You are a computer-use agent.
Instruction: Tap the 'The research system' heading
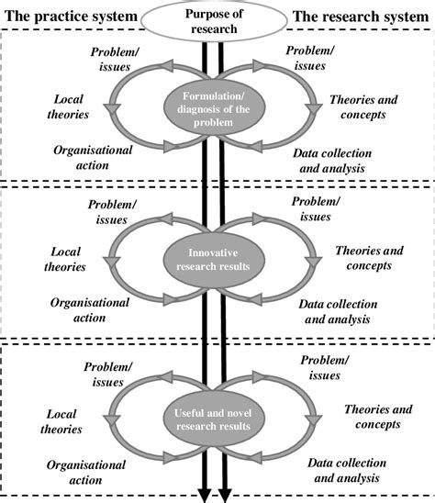point(359,17)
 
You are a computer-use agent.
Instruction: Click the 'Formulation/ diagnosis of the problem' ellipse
point(217,110)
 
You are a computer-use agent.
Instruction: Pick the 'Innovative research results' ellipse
point(217,260)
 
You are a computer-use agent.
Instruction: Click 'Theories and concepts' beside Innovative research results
point(363,257)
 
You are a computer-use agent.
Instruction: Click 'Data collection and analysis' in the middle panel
point(336,312)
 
